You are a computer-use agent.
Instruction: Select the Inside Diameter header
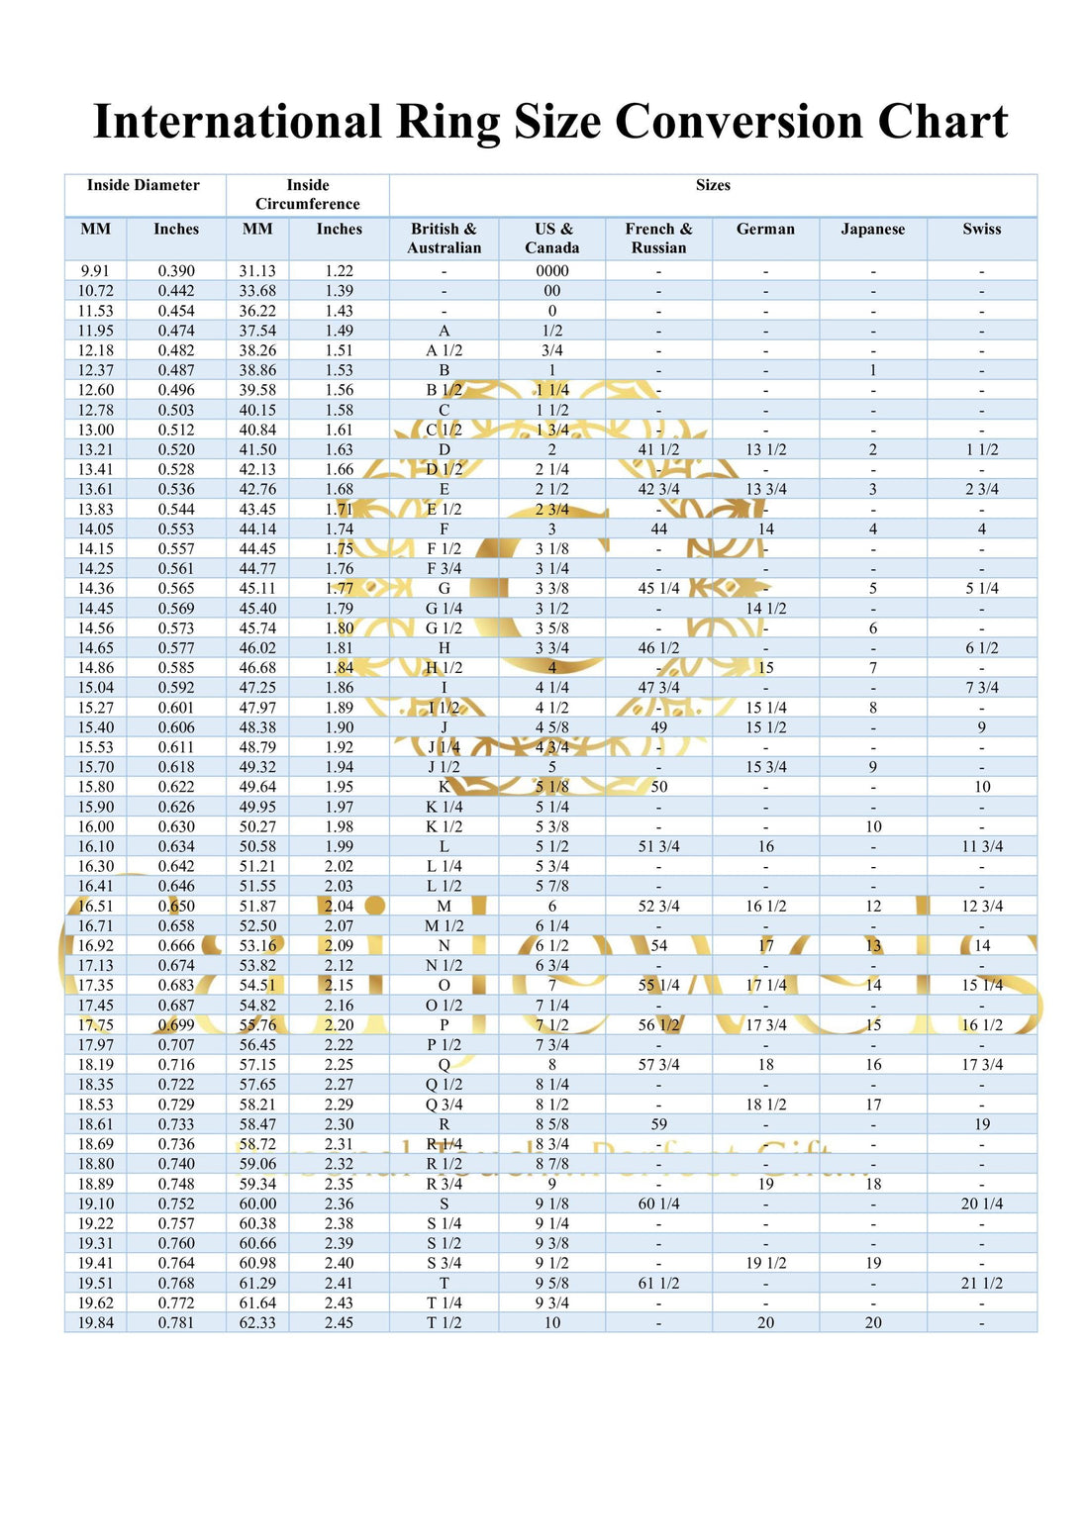coord(144,185)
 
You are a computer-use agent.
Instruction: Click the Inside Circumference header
coord(308,194)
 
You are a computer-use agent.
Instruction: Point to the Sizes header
coord(713,185)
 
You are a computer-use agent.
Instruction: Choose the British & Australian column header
coord(444,239)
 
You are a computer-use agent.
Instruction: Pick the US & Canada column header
coord(552,239)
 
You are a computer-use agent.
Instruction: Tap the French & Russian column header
coord(659,239)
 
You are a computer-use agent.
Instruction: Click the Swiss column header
coord(982,229)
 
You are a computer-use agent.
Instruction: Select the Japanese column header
coord(873,229)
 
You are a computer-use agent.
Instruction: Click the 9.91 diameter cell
coord(96,271)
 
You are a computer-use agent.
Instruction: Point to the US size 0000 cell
coord(552,271)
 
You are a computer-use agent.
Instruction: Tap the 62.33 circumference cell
coord(257,1322)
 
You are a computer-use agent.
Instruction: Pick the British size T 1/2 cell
coord(444,1322)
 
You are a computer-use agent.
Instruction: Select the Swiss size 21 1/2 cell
coord(982,1283)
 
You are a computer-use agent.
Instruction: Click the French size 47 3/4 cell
coord(659,688)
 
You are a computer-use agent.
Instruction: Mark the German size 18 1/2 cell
coord(766,1105)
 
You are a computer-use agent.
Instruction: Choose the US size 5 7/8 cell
coord(552,886)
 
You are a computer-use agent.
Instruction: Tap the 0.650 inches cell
coord(176,906)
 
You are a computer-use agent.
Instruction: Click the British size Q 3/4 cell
coord(444,1105)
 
